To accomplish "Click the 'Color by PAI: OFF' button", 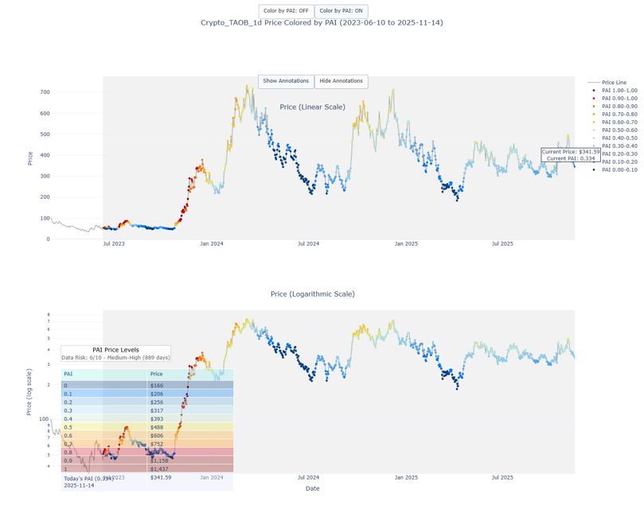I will click(x=286, y=11).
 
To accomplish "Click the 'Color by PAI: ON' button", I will click(x=341, y=11).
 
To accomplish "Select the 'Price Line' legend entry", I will click(x=613, y=82).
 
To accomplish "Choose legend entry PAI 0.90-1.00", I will click(x=619, y=98).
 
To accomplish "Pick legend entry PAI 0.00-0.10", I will click(x=619, y=169).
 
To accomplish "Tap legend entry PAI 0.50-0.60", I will click(x=619, y=130).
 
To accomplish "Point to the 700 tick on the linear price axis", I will click(x=45, y=92).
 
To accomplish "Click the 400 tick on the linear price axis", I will click(x=45, y=155).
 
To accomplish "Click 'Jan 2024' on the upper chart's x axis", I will click(x=211, y=243).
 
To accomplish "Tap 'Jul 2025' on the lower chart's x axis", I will click(x=502, y=477).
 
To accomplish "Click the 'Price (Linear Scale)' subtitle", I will click(x=312, y=107).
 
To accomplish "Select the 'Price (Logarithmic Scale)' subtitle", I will click(x=312, y=294).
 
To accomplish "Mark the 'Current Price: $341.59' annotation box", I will click(x=571, y=154).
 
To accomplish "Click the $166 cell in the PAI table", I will click(x=189, y=385).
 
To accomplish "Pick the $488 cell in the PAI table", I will click(x=189, y=427).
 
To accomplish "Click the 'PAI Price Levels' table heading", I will click(x=115, y=350).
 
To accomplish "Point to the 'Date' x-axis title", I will click(x=312, y=488).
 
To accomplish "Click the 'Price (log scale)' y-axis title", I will click(x=29, y=391).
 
